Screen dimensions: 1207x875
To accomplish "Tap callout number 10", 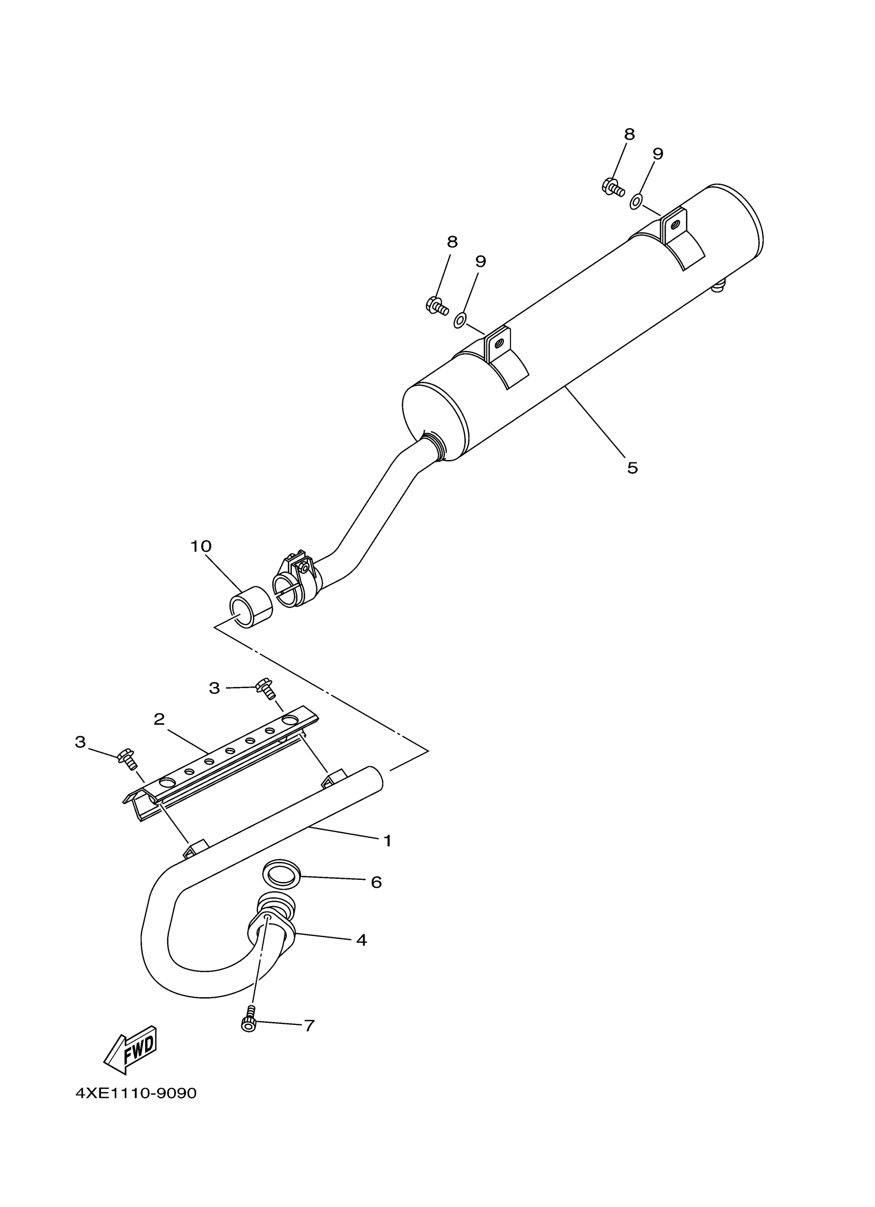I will [x=201, y=546].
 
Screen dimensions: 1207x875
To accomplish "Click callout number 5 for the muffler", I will [x=632, y=468].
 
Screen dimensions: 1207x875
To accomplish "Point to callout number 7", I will [x=309, y=1025].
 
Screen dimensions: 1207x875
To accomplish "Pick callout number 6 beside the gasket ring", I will [x=376, y=882].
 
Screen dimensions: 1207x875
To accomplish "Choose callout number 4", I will [x=361, y=941].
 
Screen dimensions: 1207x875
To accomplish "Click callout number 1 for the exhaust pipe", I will [x=387, y=841].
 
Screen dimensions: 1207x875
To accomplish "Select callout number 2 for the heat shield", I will [x=159, y=719].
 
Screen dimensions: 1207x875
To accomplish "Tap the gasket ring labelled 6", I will [x=281, y=876].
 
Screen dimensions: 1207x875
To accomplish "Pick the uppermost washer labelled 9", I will [x=636, y=202].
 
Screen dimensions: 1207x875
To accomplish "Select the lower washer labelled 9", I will [x=460, y=320].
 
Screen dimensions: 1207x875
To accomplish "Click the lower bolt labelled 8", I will [x=436, y=306].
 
